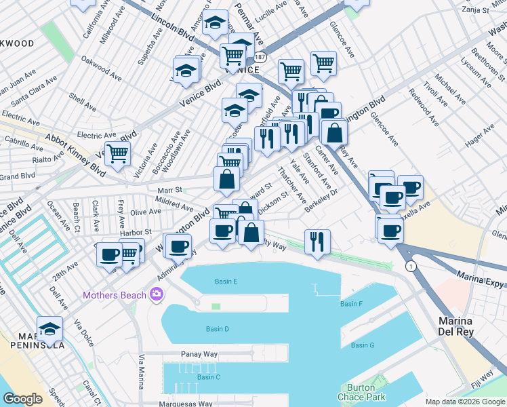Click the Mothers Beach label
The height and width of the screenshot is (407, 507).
[115, 294]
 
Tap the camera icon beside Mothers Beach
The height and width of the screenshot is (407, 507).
[157, 294]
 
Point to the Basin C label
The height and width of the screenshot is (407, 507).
[208, 377]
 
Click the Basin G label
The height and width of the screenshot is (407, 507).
[363, 345]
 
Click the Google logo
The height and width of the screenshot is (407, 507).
[22, 399]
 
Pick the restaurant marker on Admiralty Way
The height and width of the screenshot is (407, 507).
[317, 241]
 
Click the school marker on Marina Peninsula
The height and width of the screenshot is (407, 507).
[50, 329]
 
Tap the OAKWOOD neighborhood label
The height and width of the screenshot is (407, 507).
[16, 43]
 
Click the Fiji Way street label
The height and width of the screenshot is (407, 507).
[485, 378]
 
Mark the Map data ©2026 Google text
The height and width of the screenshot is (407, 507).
[465, 402]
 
